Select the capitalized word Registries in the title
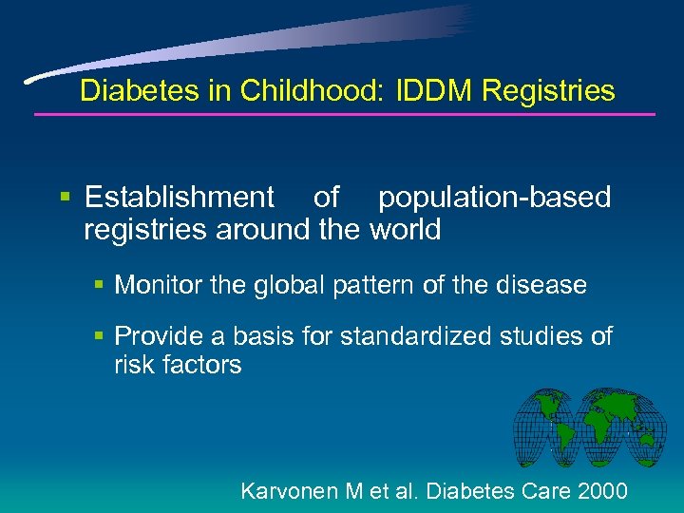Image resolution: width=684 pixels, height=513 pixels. point(548,91)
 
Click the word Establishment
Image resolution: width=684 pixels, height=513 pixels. point(179,198)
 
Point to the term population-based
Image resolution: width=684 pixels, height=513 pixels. point(494,198)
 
